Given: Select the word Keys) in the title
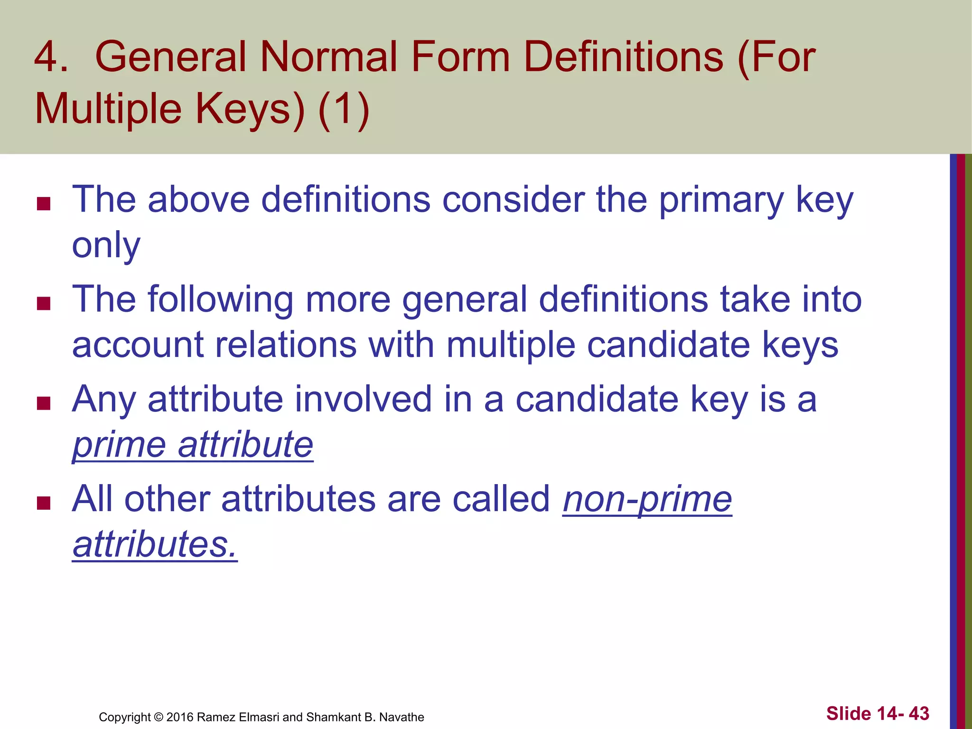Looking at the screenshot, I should (250, 109).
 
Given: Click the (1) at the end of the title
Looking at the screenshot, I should (344, 109).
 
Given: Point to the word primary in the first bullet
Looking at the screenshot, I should (721, 200).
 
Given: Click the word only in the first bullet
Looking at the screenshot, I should (106, 246).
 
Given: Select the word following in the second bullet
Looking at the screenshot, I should (221, 300).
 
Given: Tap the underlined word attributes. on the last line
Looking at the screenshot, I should (155, 544).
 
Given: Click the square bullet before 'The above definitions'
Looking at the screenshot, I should (44, 204).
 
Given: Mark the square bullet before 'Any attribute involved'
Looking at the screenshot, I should (44, 403).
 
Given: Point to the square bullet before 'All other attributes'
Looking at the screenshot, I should (44, 503).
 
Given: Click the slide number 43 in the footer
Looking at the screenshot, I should (919, 713).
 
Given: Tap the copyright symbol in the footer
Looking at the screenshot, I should (159, 717).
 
